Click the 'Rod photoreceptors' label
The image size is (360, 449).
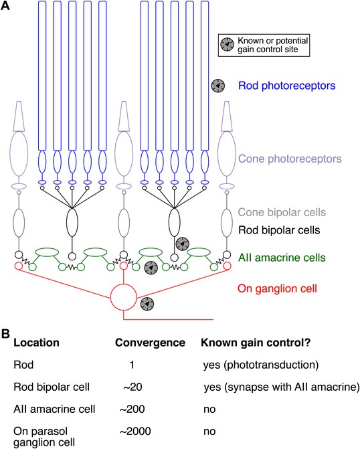pos(286,86)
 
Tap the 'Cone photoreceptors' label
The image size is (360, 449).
pos(290,159)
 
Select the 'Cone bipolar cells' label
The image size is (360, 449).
pos(282,212)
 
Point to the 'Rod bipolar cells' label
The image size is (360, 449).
pos(279,230)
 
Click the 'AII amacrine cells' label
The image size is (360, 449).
pos(282,258)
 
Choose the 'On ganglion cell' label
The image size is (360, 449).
pos(278,288)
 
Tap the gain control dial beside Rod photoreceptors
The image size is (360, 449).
pos(218,86)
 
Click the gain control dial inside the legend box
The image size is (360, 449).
pos(227,44)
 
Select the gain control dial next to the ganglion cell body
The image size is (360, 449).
pos(147,304)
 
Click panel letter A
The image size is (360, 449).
pos(5,5)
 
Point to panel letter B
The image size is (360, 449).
pos(5,334)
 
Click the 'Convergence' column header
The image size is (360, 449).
pos(150,343)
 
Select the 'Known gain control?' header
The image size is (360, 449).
pos(256,343)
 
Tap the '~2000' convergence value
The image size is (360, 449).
pos(135,431)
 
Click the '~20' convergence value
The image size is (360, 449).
pos(132,387)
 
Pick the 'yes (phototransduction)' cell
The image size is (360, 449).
pos(260,365)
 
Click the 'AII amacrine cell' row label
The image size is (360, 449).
pos(54,409)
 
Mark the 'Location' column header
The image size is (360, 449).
pos(36,343)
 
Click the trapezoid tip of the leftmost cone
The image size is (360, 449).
pos(19,116)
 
